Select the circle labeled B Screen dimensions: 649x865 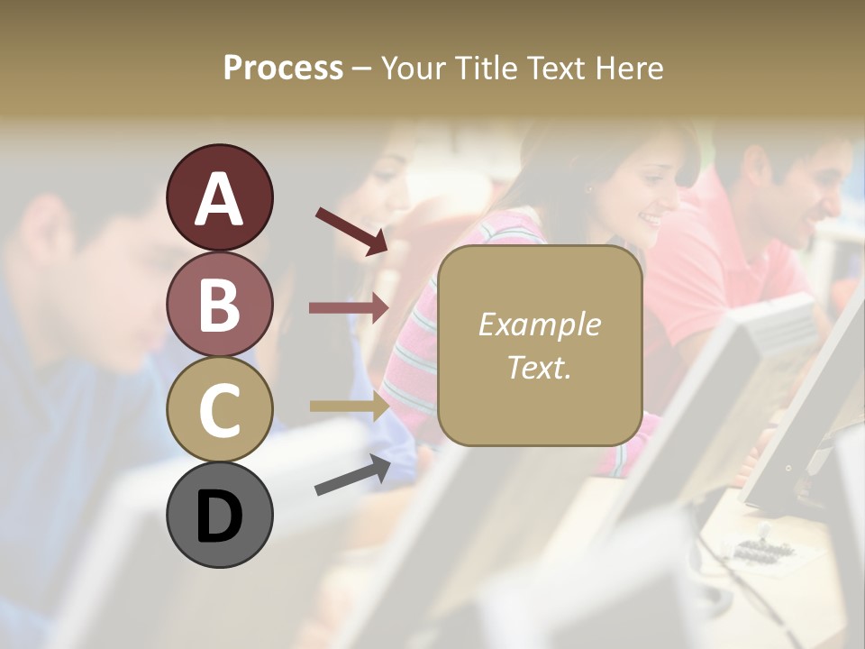[x=220, y=304]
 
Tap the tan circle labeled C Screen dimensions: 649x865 [x=220, y=410]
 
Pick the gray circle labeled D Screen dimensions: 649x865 [x=220, y=515]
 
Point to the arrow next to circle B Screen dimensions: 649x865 [x=349, y=308]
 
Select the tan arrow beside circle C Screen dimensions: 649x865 [x=349, y=406]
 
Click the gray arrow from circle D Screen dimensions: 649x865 [x=352, y=475]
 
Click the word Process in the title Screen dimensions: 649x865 [x=283, y=69]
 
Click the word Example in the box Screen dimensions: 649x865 [x=539, y=324]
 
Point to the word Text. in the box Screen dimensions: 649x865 [x=539, y=367]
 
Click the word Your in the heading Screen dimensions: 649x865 [x=412, y=69]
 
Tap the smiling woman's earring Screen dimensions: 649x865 [x=590, y=188]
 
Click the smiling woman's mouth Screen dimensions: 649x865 [x=650, y=220]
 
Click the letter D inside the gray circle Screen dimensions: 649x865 [x=220, y=517]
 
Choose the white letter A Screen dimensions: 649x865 [x=220, y=200]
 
